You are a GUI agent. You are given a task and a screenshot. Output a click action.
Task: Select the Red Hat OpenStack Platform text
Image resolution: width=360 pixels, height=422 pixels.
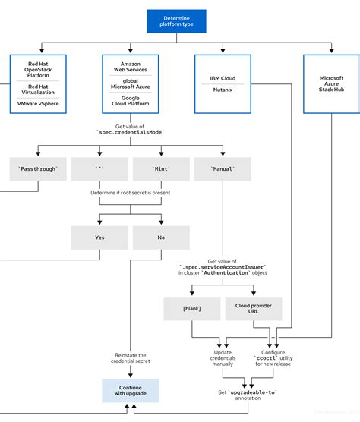(x=39, y=69)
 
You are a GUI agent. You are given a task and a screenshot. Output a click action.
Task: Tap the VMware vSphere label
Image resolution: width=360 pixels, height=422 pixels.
(x=39, y=103)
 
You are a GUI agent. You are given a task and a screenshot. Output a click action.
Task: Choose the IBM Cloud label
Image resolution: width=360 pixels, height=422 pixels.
(x=223, y=77)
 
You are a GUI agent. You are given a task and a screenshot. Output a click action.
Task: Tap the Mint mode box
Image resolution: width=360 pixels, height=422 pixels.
(x=160, y=168)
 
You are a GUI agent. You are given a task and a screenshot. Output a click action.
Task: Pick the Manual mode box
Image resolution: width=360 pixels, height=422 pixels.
(x=223, y=168)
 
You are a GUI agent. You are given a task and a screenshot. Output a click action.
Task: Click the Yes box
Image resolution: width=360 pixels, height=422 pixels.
(x=99, y=238)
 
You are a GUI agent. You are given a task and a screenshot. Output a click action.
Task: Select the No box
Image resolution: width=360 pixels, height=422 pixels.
(x=160, y=238)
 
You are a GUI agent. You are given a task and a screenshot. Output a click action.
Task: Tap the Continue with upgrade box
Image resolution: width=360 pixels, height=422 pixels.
(x=130, y=389)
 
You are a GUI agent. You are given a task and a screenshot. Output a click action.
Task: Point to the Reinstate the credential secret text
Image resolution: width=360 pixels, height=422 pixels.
(x=130, y=359)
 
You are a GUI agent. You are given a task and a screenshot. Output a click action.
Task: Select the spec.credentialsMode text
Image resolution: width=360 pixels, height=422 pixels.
(x=130, y=131)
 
